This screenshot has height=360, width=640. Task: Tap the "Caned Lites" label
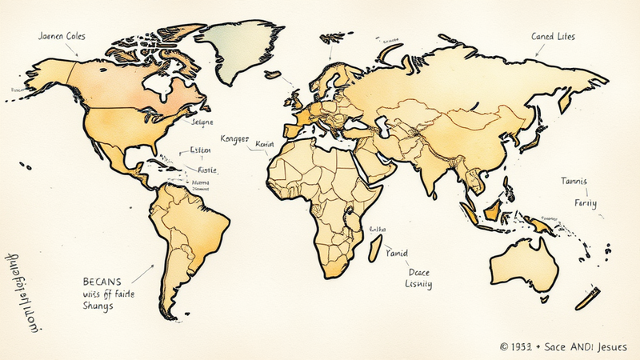tap(553, 36)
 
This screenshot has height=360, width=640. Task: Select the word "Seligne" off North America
tap(203, 122)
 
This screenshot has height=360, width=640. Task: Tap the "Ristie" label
tap(207, 170)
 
